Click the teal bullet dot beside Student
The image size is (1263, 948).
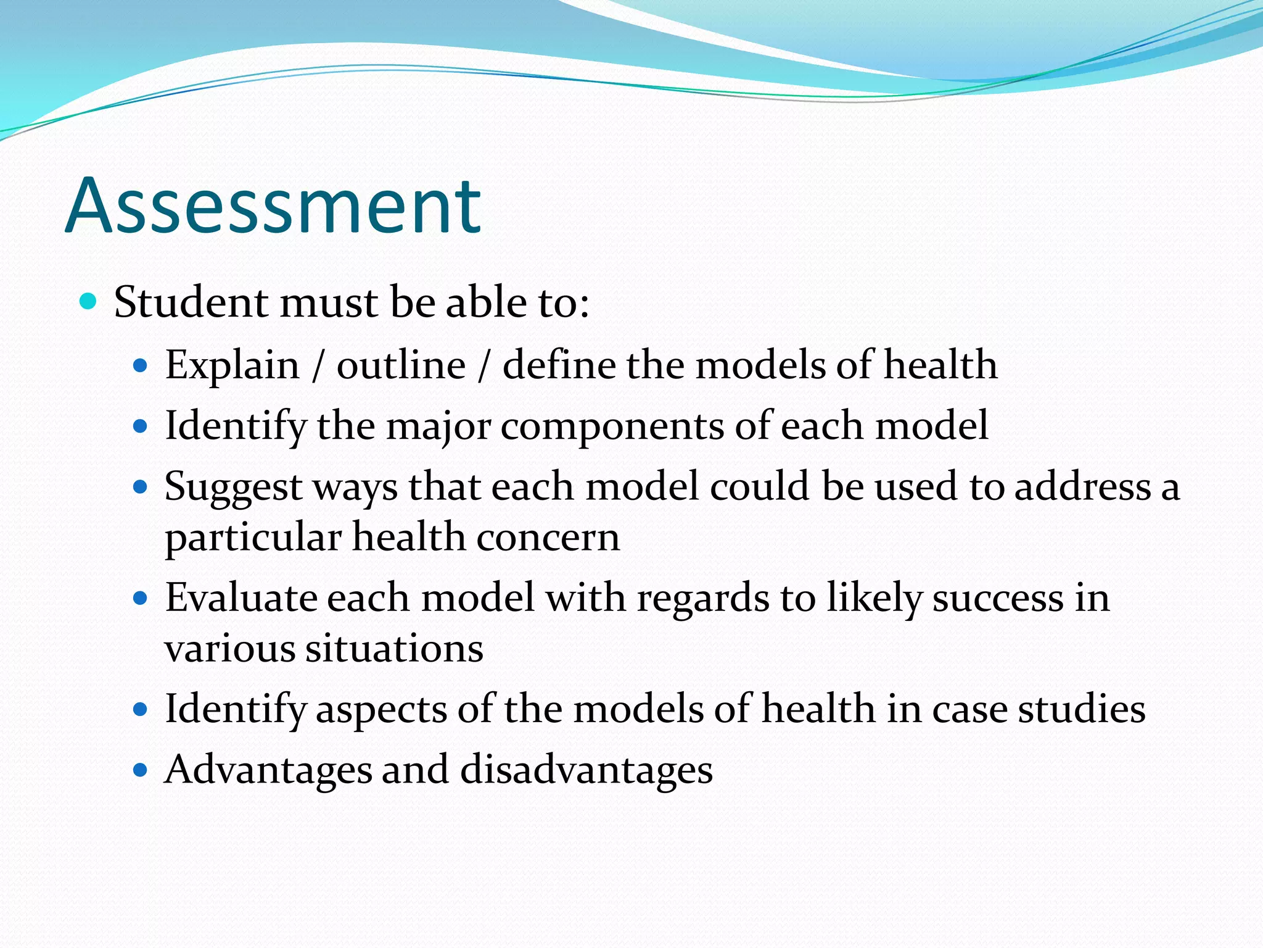point(89,302)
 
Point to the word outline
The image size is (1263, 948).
point(401,365)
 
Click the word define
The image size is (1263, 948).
point(559,365)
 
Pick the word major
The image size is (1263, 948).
point(438,426)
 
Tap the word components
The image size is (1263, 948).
point(612,426)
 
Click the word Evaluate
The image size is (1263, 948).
point(240,598)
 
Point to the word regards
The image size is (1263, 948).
point(702,598)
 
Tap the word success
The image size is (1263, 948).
point(998,598)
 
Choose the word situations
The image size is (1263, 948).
point(394,649)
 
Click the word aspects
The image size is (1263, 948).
point(381,709)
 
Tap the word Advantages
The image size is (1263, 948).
point(268,770)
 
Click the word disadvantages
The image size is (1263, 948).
point(586,770)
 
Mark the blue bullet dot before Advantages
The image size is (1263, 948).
point(141,770)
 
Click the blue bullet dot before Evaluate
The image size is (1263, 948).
point(141,598)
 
